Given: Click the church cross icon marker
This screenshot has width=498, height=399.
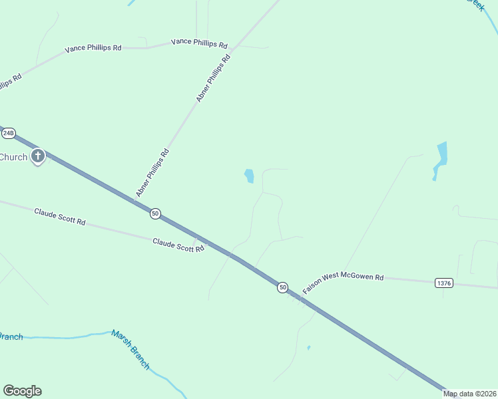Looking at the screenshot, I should click(x=38, y=157).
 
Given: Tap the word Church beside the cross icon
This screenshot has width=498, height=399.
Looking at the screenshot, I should click(x=13, y=158).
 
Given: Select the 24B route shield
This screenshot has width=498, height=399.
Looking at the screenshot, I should click(x=8, y=133).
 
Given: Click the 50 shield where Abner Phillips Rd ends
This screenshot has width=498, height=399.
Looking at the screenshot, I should click(x=155, y=213).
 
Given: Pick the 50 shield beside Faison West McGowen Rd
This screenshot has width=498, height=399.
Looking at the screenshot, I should click(x=283, y=287).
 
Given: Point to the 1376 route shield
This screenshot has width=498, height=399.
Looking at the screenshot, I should click(x=444, y=283).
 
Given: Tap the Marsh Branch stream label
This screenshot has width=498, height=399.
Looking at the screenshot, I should click(x=130, y=349).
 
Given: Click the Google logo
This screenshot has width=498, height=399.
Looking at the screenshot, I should click(x=22, y=391).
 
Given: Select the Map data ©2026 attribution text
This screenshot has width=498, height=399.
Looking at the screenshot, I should click(x=470, y=394).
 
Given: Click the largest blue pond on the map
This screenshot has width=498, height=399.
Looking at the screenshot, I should click(x=441, y=156).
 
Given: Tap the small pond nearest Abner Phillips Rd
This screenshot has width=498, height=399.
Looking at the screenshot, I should click(x=249, y=176).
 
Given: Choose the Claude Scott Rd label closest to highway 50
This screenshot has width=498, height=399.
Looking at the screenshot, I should click(x=178, y=245).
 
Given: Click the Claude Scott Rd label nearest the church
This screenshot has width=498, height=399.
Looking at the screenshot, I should click(x=60, y=216).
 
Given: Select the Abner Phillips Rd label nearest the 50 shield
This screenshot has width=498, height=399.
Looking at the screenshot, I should click(x=152, y=174).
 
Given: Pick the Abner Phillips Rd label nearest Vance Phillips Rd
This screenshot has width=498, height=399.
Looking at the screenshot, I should click(x=213, y=78).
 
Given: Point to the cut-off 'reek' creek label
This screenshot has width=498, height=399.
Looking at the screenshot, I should click(x=474, y=5).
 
